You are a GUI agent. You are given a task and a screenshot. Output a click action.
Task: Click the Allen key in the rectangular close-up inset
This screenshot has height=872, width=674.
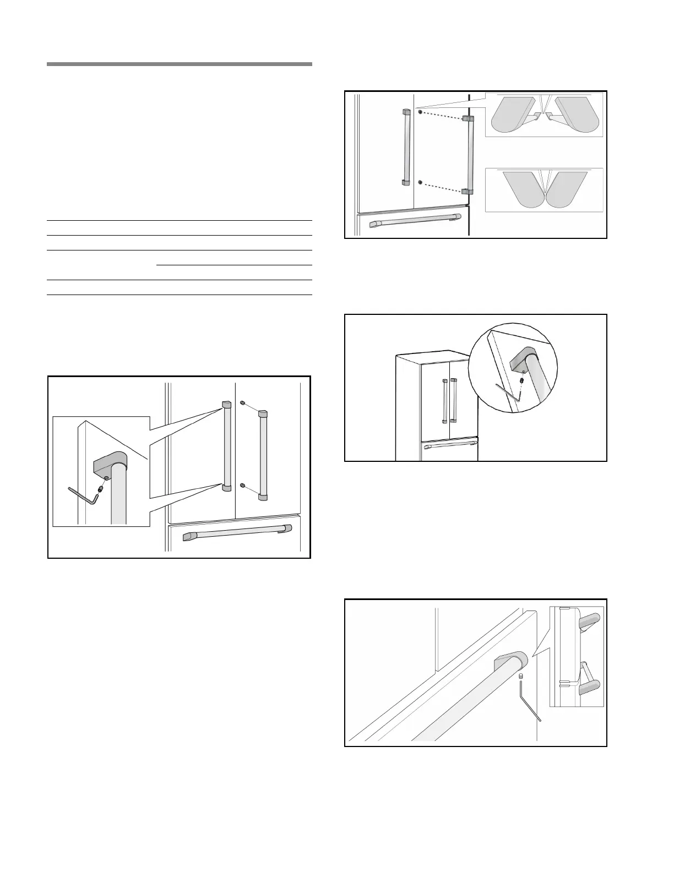pos(83,494)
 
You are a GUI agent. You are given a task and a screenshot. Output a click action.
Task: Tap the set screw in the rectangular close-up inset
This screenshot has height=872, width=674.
pos(101,487)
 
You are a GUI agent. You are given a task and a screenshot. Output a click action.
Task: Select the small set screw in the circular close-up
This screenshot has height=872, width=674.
pos(521,380)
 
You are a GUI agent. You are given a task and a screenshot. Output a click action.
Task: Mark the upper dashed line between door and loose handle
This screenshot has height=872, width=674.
pos(442,115)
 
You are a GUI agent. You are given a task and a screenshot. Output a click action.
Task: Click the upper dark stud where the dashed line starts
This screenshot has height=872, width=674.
pos(421,112)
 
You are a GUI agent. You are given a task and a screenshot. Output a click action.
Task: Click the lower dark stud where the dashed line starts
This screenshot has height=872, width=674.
pos(421,182)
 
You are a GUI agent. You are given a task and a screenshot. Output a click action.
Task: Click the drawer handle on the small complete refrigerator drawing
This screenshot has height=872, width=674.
pos(449,443)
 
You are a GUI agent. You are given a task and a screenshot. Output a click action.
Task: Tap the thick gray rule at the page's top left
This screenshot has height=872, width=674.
pos(180,64)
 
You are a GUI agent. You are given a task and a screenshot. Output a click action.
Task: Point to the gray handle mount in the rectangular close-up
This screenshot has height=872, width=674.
pos(110,462)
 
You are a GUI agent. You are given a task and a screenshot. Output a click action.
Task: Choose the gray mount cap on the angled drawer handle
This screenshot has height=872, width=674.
pos(511,661)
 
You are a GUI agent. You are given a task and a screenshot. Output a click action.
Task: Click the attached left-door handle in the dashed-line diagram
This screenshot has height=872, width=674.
pos(406,147)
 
